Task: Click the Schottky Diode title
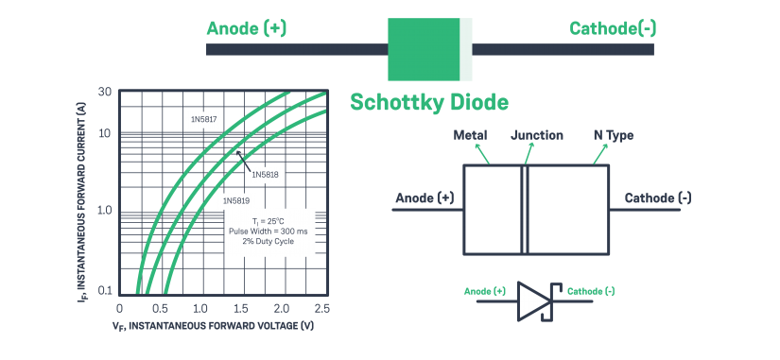pos(429,102)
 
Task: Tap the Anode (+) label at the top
pos(246,28)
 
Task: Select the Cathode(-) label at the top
pos(613,28)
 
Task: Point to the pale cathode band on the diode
pos(465,49)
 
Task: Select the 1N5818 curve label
pos(267,175)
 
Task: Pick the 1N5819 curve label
pos(236,200)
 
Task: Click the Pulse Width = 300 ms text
pos(268,230)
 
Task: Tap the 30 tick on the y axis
pos(105,93)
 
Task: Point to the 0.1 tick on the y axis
pos(104,290)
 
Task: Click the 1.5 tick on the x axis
pos(241,308)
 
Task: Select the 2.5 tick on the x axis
pos(321,308)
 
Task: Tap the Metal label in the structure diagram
pos(470,135)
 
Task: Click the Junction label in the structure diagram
pos(537,135)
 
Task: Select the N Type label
pos(613,135)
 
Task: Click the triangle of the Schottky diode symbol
pos(532,301)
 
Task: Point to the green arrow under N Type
pos(600,154)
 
